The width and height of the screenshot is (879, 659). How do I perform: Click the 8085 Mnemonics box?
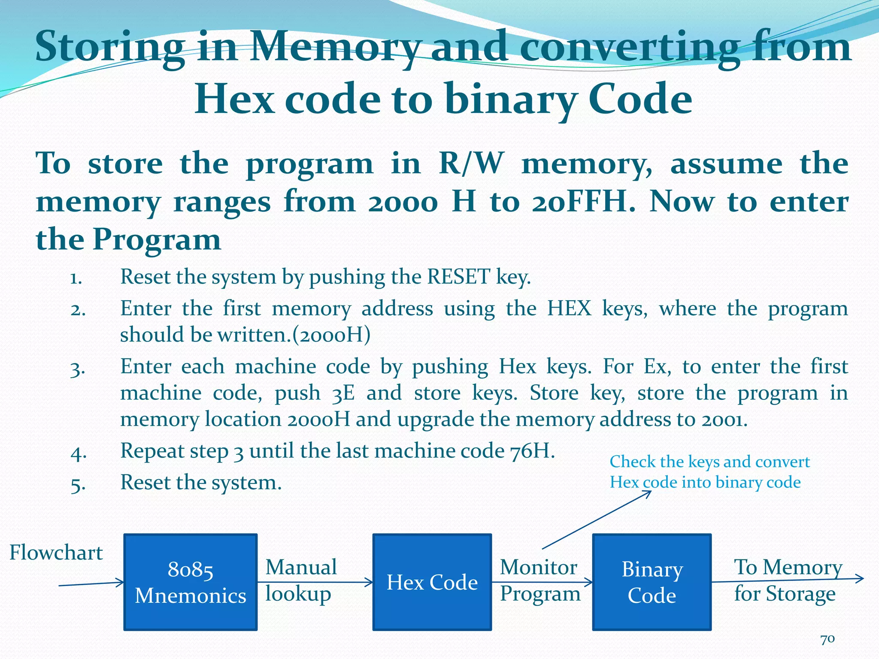coord(191,582)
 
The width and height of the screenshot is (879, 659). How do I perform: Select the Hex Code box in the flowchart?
coord(432,582)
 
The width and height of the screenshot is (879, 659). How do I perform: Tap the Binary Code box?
coord(652,582)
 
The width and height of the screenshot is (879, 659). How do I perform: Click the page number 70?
coord(827,639)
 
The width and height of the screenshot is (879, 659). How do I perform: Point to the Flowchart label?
coord(56,553)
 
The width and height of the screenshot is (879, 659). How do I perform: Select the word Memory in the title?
coord(334,47)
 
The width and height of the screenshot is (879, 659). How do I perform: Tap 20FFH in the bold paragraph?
coord(584,202)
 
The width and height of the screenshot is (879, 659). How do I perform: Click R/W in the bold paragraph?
coord(471,163)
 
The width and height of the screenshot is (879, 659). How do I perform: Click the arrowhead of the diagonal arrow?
coord(647,493)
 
